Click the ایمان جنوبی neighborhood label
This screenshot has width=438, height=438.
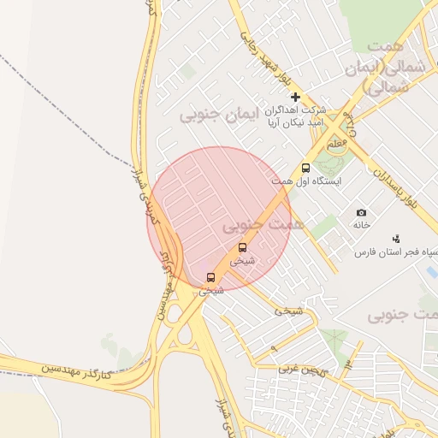coord(224,114)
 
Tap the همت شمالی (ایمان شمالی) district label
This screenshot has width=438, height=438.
coord(387,66)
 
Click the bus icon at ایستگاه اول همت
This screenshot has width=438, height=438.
coord(305,169)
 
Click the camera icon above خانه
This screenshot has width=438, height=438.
coord(361,212)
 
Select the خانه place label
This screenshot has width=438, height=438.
coord(361,224)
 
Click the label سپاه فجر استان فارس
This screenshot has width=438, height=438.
coord(394,252)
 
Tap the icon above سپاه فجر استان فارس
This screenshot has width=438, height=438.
coord(395,239)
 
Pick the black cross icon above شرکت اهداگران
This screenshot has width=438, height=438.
coord(295,97)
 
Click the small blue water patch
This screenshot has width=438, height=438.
coord(431,272)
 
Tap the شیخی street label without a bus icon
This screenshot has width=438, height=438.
coord(288,312)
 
